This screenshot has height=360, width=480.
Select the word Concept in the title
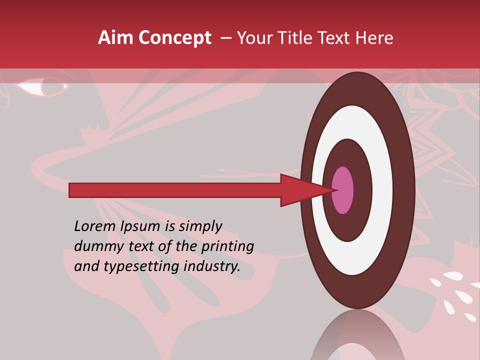tap(174, 38)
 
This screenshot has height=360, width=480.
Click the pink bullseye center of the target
tap(343, 190)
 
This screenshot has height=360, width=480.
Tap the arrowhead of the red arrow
tap(300, 190)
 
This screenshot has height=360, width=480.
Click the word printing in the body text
tap(227, 247)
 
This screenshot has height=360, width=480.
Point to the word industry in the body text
tap(212, 266)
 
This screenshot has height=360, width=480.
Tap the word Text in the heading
tap(335, 38)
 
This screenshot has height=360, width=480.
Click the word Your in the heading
tap(253, 38)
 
